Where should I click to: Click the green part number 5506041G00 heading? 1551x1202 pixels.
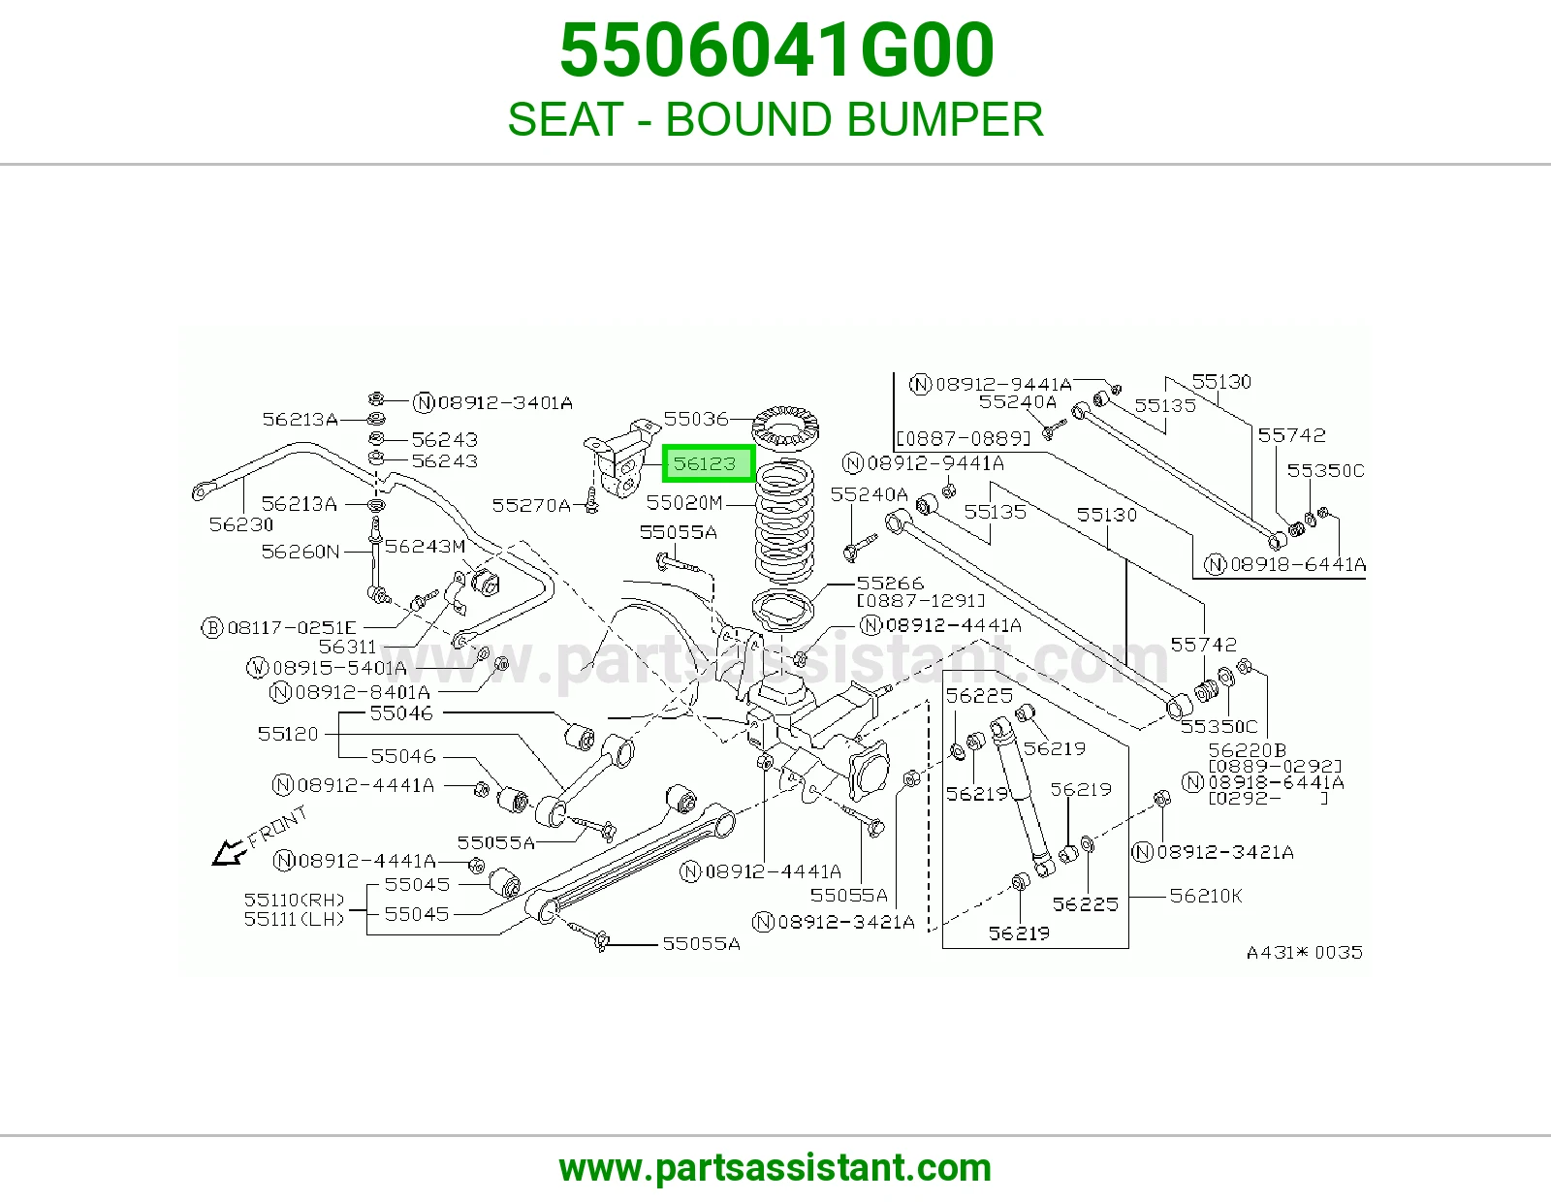coord(776,50)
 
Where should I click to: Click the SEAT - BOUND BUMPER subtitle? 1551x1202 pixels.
coord(775,118)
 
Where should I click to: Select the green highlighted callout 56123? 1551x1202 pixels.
coord(708,463)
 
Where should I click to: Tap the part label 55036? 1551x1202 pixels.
coord(696,418)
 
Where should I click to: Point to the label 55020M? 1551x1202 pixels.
coord(684,502)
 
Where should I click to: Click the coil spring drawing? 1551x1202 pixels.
coord(784,522)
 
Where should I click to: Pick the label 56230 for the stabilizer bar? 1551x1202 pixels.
coord(240,524)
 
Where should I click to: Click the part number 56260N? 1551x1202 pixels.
coord(300,551)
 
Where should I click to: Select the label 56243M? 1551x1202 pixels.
coord(425,546)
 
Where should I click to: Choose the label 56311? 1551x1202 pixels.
coord(347,647)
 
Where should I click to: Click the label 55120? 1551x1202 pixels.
coord(288,734)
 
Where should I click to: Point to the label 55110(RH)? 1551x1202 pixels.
coord(294,901)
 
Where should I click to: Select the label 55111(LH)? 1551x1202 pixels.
coord(294,919)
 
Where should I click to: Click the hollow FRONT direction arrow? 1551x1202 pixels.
coord(229,852)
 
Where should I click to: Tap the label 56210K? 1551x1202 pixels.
coord(1206,896)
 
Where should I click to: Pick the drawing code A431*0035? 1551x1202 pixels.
coord(1304,953)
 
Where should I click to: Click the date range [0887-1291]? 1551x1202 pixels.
coord(921,601)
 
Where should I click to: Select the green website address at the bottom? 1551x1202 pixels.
coord(775,1168)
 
